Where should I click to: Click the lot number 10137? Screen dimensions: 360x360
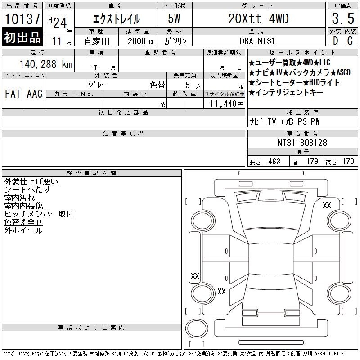(x=22, y=19)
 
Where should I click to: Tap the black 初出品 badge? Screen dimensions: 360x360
(x=22, y=37)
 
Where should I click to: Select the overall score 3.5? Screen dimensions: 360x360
(x=343, y=18)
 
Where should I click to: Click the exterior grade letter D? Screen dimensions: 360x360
(x=335, y=41)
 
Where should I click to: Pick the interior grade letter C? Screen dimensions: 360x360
(x=350, y=41)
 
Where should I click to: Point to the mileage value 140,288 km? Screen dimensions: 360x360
(x=46, y=64)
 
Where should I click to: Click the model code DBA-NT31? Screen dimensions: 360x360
(x=257, y=41)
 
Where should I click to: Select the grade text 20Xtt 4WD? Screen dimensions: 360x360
(x=258, y=18)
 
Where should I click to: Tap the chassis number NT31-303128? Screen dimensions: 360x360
(x=302, y=143)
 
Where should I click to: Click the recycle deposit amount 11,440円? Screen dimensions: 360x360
(x=227, y=104)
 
